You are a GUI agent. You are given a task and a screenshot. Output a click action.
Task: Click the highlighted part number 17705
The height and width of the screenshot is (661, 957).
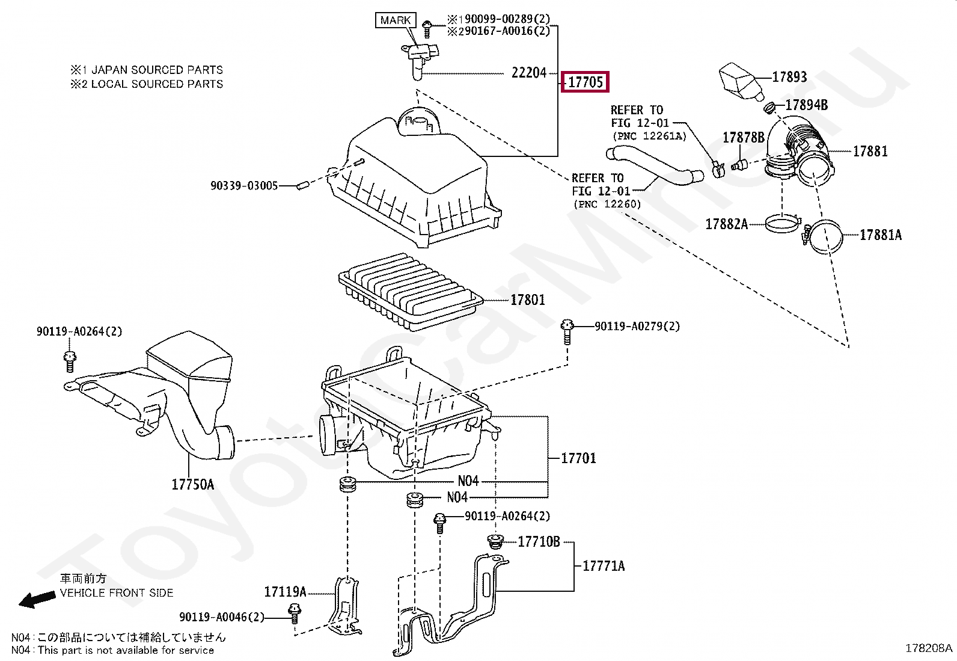[x=585, y=82]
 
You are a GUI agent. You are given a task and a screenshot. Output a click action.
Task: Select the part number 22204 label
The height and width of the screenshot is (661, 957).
[x=529, y=73]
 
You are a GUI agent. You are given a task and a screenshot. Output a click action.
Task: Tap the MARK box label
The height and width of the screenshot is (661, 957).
[x=395, y=20]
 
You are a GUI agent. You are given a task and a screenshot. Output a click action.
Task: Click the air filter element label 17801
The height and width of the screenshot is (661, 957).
[x=528, y=300]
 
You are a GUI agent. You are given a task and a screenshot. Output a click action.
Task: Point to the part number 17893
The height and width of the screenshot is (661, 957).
[x=789, y=77]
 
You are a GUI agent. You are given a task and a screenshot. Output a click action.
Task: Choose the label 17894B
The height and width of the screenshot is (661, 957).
[x=807, y=105]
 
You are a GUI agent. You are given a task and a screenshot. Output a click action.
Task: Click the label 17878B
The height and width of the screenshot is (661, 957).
[x=744, y=137]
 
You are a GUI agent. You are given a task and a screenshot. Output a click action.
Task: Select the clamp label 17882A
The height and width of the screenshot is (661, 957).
[x=727, y=224]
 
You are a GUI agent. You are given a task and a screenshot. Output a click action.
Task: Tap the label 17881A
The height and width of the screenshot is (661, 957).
[x=881, y=235]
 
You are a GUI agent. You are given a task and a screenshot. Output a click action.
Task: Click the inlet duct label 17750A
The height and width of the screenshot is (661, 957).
[x=193, y=484]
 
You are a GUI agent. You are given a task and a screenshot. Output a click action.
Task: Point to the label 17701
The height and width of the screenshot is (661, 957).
[x=578, y=458]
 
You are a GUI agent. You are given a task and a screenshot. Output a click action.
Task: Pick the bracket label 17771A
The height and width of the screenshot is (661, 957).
[x=604, y=566]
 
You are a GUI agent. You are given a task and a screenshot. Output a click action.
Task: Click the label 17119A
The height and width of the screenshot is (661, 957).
[x=285, y=592]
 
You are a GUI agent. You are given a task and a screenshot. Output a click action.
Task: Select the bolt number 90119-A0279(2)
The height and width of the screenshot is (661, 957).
[x=637, y=326]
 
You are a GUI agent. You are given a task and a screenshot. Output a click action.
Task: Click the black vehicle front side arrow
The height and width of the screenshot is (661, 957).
[x=37, y=600]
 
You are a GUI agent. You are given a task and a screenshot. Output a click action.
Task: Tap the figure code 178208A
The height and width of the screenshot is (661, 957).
[x=929, y=648]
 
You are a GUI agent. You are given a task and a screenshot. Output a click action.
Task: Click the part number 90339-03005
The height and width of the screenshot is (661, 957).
[x=244, y=186]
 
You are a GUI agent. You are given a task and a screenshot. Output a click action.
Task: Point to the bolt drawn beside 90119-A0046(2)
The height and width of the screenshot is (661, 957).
[x=295, y=614]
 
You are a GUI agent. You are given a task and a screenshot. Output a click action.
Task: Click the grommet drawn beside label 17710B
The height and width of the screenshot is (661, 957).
[x=495, y=541]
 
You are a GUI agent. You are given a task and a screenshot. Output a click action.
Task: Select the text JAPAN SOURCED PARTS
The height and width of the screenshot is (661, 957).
[x=157, y=70]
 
